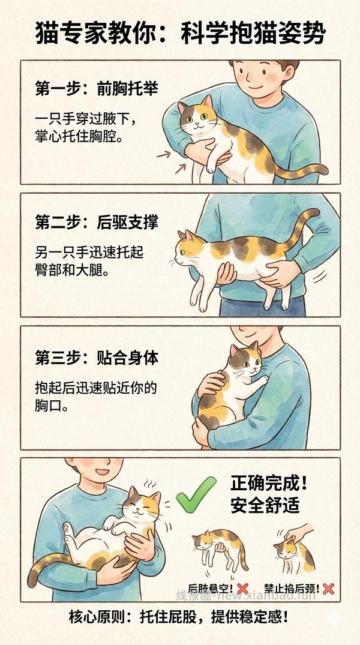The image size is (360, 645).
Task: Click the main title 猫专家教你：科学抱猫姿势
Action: click(x=180, y=34)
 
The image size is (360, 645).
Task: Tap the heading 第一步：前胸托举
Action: click(x=96, y=89)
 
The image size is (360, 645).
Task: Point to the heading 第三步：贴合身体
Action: click(x=96, y=358)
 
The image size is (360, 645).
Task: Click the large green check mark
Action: click(x=196, y=494)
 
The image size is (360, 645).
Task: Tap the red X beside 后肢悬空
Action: click(x=242, y=589)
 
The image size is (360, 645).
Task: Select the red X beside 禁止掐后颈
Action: click(x=328, y=589)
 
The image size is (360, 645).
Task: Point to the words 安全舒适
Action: click(x=265, y=505)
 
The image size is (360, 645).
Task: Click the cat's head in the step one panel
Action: click(x=197, y=115)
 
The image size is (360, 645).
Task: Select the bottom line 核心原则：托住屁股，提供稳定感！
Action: click(x=180, y=617)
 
